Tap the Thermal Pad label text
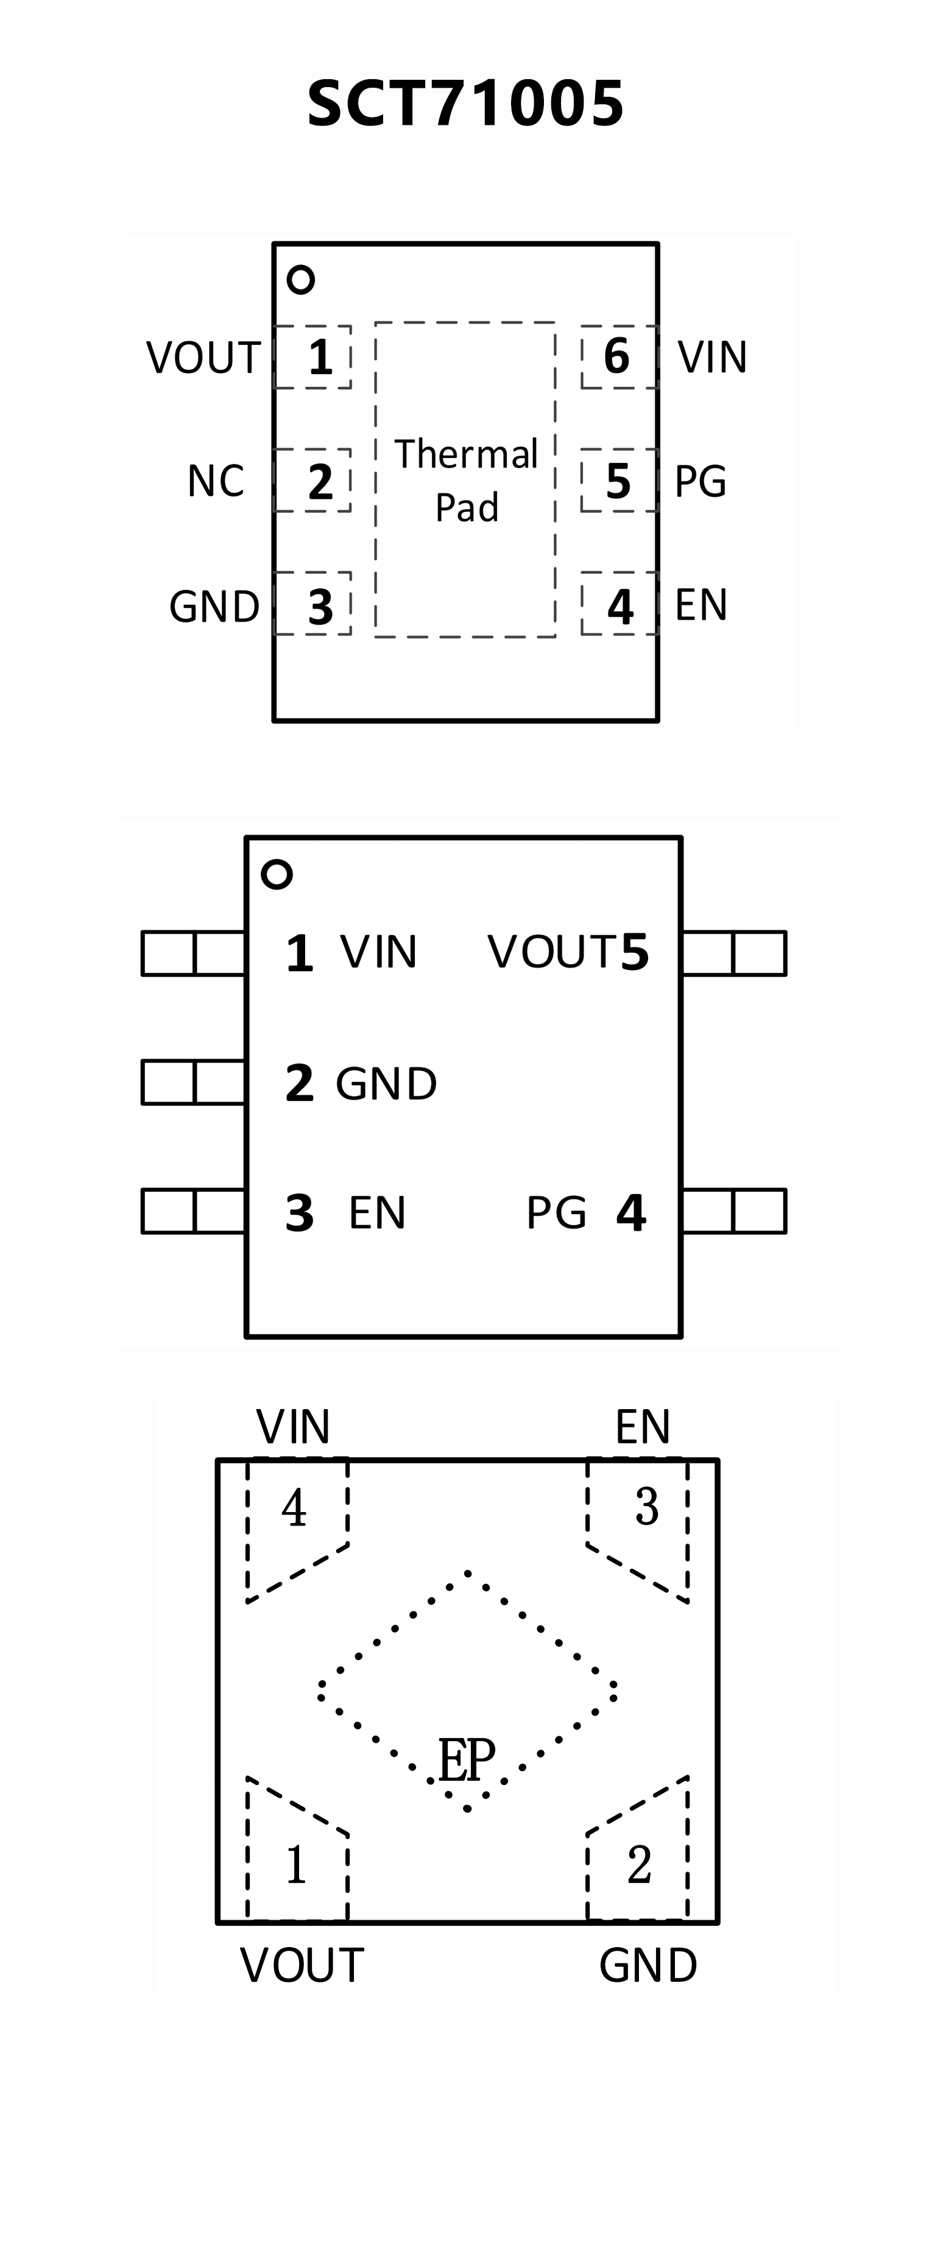466,480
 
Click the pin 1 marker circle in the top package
301,280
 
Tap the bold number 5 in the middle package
634,952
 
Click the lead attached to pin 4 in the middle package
734,1211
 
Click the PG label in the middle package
556,1212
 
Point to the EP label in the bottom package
466,1759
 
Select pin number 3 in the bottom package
646,1507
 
